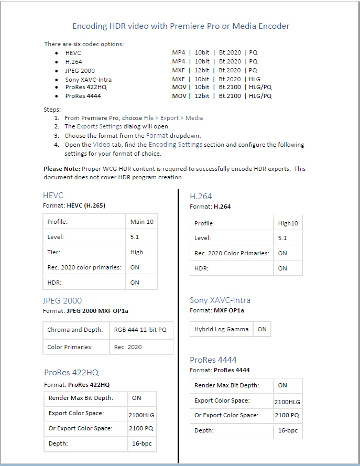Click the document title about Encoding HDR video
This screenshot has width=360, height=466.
click(x=180, y=26)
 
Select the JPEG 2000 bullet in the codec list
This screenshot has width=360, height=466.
click(x=80, y=71)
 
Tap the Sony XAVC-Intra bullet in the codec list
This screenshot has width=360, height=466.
click(x=88, y=80)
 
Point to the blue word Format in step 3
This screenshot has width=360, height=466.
click(x=157, y=136)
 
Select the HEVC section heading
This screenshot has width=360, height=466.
click(x=53, y=196)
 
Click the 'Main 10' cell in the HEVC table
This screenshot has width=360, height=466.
click(x=142, y=222)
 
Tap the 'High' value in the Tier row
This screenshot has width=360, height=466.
click(x=137, y=252)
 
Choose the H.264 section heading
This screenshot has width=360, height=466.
click(x=201, y=196)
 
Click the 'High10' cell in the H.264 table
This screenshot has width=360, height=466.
click(x=288, y=223)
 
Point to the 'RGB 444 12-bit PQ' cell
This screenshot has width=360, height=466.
click(x=140, y=330)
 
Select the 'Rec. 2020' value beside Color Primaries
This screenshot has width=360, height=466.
click(x=128, y=347)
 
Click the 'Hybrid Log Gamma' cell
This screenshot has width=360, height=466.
click(x=221, y=329)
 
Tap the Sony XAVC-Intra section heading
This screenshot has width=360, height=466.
click(x=220, y=300)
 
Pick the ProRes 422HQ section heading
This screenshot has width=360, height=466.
click(x=71, y=373)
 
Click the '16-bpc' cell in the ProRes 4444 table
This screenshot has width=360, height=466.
click(x=288, y=430)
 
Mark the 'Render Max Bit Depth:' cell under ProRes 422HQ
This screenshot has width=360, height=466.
click(x=81, y=398)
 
